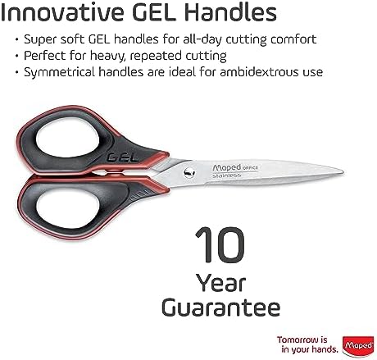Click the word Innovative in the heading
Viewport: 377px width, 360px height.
61,13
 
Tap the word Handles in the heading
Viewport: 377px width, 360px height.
230,13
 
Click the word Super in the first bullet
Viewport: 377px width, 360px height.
40,40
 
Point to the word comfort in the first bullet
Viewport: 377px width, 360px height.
293,39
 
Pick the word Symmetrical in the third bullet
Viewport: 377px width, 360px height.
59,73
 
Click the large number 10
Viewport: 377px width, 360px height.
220,245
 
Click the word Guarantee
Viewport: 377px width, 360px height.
221,308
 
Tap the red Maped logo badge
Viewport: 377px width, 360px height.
358,346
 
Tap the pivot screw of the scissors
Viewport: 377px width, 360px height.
188,172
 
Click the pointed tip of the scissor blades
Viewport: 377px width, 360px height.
343,171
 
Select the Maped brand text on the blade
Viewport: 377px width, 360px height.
227,167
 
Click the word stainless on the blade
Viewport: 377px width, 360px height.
227,175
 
